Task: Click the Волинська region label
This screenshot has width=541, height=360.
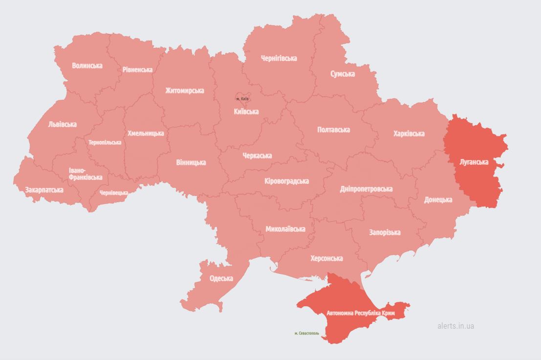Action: [x=87, y=65]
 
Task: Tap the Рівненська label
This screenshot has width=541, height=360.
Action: [x=137, y=69]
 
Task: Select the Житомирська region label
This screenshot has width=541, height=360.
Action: [x=185, y=90]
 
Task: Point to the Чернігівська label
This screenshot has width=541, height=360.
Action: [x=279, y=58]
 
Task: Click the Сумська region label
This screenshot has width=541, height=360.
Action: [x=343, y=74]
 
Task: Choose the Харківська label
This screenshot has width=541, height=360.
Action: [x=409, y=133]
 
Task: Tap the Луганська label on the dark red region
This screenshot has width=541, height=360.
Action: [x=474, y=162]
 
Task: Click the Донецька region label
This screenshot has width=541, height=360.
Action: [x=438, y=200]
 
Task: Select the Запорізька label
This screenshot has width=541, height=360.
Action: [x=385, y=232]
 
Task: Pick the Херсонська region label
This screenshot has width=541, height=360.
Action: [x=326, y=258]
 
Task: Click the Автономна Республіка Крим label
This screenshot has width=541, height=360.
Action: [x=361, y=312]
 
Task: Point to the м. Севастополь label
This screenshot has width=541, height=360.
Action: [x=307, y=333]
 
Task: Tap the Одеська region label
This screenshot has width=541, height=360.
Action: [x=221, y=278]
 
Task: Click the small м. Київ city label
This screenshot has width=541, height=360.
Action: [x=242, y=99]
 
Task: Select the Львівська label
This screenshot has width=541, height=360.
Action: [x=63, y=124]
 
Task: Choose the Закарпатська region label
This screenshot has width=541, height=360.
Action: [x=44, y=190]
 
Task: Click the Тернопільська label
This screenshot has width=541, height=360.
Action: [x=105, y=142]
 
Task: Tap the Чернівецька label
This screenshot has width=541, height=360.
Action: [x=114, y=193]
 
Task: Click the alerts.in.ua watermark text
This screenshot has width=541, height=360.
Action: [x=455, y=326]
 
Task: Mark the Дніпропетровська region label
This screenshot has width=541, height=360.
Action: [x=366, y=189]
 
